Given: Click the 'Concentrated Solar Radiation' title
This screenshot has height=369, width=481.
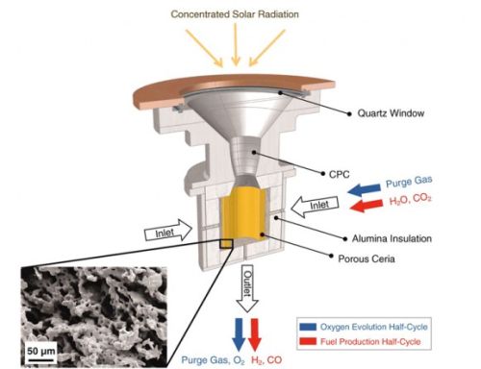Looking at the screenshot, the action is click(x=235, y=14).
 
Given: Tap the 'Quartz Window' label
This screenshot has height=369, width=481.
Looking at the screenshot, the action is click(x=391, y=113).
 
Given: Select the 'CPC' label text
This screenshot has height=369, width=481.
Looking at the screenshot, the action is click(x=340, y=175).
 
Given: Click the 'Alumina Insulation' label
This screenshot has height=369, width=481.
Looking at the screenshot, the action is click(x=392, y=238).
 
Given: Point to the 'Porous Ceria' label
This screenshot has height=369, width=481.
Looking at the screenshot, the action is click(x=367, y=258).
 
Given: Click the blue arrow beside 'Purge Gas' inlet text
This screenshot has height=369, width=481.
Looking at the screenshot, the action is click(x=365, y=189).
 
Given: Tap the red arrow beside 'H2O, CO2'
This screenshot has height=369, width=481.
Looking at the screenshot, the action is click(x=367, y=206).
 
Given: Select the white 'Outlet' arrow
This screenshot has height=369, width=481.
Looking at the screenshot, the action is click(x=247, y=288).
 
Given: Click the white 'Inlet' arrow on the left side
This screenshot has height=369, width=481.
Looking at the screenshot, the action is click(x=168, y=231).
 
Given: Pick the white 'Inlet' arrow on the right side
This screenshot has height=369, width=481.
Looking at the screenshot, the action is click(x=315, y=206).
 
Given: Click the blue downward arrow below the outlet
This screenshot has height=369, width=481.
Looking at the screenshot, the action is click(x=239, y=334).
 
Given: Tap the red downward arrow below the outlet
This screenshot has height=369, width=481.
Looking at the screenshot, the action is click(x=255, y=334).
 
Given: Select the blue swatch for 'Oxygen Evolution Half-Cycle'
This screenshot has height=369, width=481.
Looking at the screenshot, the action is click(x=308, y=327).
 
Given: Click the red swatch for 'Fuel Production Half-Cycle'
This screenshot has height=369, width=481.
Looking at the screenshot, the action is click(x=308, y=341).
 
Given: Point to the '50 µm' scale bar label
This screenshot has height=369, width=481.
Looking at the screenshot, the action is click(x=41, y=351).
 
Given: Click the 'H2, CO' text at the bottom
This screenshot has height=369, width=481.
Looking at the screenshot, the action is click(x=266, y=360).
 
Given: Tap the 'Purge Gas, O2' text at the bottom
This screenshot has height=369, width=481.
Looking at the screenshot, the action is click(x=214, y=360).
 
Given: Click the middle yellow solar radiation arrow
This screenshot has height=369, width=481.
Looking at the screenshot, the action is click(x=236, y=45).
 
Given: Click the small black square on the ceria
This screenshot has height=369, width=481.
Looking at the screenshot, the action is click(x=226, y=243).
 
